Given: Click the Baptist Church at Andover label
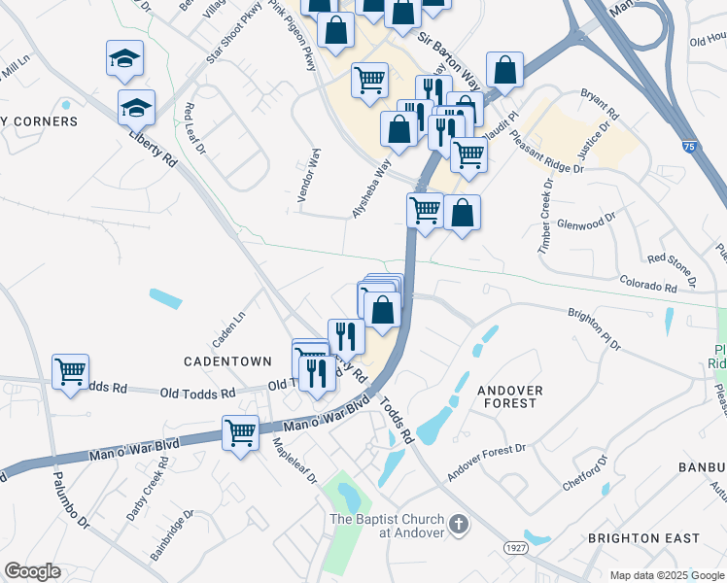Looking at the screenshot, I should pos(387,525).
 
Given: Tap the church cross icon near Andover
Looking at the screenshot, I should pos(460,526).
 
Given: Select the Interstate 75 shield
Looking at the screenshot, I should pos(687,147).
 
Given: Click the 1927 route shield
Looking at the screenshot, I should pos(515,549).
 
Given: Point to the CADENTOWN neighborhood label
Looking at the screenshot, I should pos(228,361).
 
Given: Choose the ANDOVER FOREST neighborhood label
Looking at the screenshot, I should pos(507,395).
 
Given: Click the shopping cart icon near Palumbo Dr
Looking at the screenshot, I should pos(70,371).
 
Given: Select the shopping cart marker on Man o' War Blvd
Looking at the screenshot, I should pos(240,432).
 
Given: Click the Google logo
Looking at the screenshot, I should pos(32,571).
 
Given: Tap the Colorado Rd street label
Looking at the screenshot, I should pos(648,285).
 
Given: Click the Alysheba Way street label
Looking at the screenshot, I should pos(371,189).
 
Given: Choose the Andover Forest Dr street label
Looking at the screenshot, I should pos(486,463).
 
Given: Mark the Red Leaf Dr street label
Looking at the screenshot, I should pos(194,128).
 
